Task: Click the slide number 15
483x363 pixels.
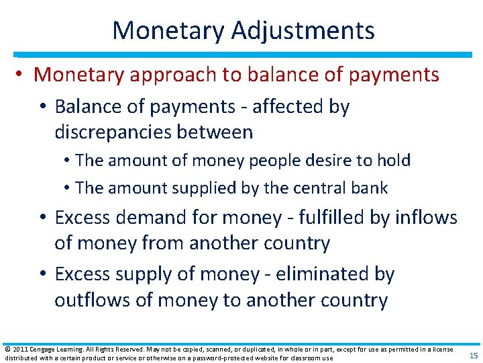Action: pyautogui.click(x=473, y=356)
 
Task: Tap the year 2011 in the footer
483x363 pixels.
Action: pyautogui.click(x=21, y=350)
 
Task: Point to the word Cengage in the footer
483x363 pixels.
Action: pyautogui.click(x=48, y=350)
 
